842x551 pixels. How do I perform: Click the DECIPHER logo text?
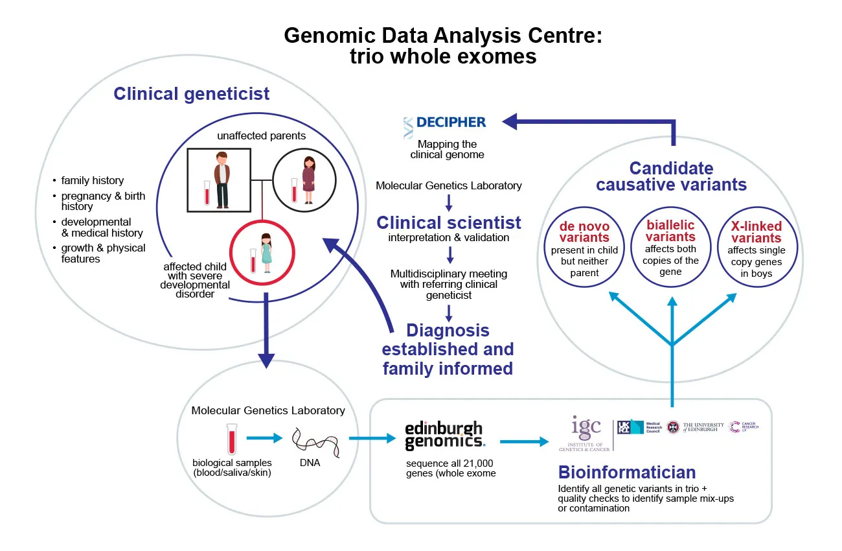451,122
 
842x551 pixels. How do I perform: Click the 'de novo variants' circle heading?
584,232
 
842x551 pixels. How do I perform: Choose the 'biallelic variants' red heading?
670,231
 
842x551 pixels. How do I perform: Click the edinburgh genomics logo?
444,436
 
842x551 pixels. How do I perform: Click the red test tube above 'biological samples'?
231,440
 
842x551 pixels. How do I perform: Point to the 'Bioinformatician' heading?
627,471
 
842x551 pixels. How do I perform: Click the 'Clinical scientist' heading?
449,222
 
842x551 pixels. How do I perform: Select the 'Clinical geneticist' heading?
192,93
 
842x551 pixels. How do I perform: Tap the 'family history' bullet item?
93,180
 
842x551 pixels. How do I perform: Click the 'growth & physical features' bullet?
104,253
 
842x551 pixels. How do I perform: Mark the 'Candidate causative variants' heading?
671,176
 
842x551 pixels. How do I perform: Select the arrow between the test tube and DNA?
264,438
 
